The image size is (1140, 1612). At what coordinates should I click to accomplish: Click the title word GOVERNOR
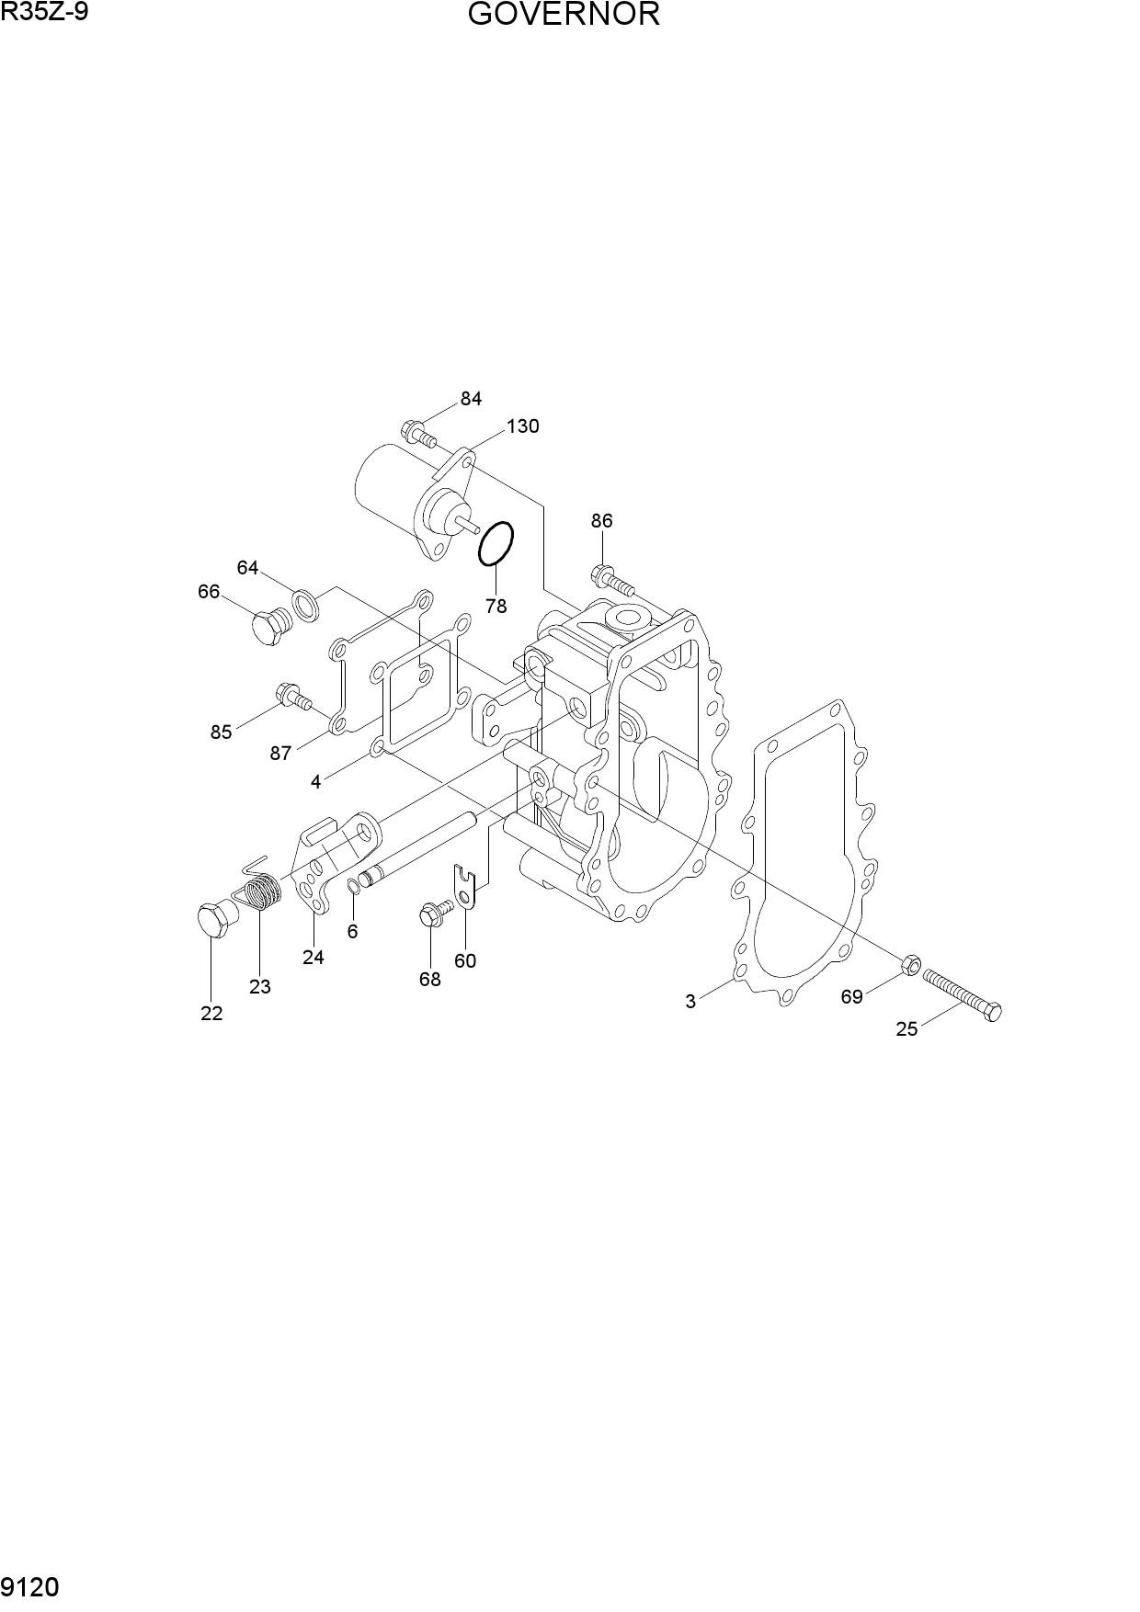tap(564, 15)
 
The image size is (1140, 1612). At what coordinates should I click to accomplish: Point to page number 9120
tap(31, 1587)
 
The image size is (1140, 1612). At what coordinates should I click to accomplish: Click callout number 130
tap(522, 426)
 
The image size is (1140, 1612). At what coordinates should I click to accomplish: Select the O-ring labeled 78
tap(496, 544)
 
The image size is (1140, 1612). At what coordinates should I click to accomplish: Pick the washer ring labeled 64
tap(306, 603)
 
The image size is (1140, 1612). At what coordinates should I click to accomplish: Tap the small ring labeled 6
tap(354, 886)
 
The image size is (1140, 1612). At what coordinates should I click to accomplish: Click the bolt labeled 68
tap(436, 913)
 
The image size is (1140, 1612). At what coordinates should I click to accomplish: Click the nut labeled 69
tap(909, 965)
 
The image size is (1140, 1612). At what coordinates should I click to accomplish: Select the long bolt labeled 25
tap(962, 995)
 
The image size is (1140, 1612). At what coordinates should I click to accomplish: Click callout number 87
tap(280, 754)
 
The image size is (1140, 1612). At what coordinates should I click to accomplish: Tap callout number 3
tap(690, 1002)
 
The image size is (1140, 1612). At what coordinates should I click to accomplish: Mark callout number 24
tap(313, 958)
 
